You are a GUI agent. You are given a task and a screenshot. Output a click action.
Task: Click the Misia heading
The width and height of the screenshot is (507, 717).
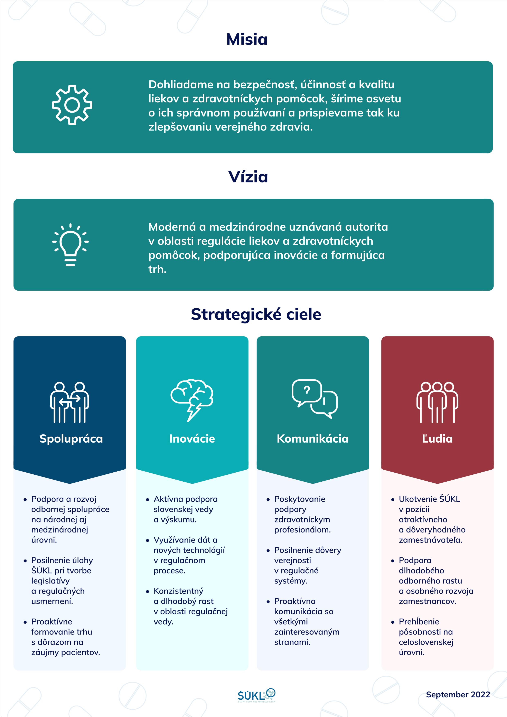pos(247,40)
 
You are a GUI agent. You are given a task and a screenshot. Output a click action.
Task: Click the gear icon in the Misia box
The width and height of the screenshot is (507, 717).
pos(72,105)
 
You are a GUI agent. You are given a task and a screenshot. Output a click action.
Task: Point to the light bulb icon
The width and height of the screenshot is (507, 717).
pos(70,245)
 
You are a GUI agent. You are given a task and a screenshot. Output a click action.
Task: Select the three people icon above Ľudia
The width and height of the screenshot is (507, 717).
pos(437,402)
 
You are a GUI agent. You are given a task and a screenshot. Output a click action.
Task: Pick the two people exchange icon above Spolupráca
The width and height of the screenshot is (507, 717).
pos(69,402)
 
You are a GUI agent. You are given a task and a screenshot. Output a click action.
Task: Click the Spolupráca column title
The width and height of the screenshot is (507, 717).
pos(71,439)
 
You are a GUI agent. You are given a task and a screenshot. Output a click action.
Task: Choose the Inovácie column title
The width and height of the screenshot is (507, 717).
pos(192,439)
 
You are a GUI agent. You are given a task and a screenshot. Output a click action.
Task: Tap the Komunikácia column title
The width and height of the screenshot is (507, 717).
pos(312,439)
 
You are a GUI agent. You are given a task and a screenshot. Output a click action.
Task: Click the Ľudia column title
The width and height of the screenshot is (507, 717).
pos(437,439)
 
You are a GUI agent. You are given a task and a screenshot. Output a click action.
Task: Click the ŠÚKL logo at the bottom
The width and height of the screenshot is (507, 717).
pos(256,695)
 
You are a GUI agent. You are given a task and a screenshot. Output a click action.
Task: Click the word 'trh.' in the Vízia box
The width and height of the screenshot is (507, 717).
pos(157,269)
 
